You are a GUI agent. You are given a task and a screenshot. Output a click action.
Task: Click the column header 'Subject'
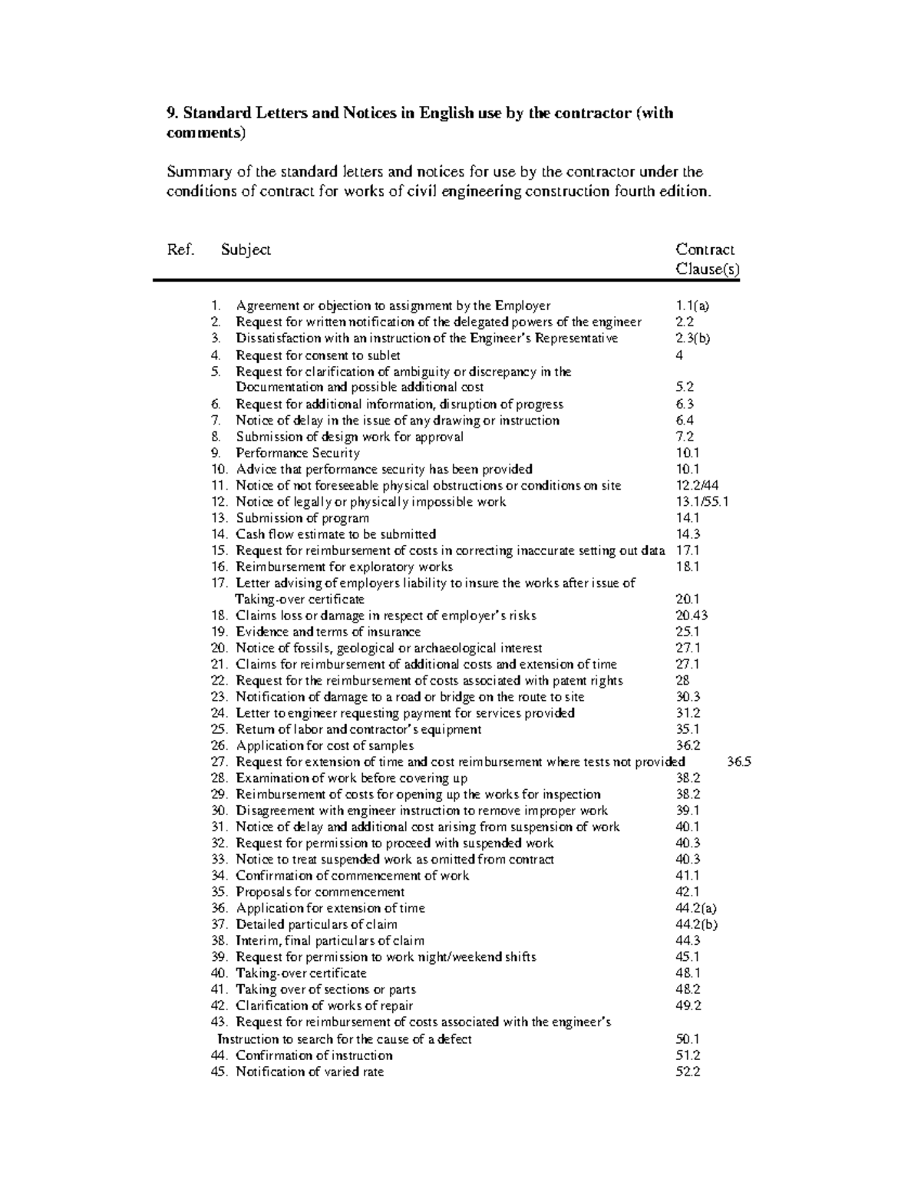tap(246, 250)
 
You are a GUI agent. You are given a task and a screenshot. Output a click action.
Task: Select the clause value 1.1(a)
tap(692, 305)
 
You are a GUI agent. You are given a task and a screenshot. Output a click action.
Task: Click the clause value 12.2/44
tap(696, 486)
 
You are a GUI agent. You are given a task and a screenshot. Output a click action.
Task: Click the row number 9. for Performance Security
tap(216, 453)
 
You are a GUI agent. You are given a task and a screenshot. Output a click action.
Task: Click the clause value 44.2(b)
tap(696, 925)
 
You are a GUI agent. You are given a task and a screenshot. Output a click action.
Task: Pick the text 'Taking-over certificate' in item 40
tap(301, 973)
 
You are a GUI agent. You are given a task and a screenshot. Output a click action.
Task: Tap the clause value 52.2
tap(688, 1071)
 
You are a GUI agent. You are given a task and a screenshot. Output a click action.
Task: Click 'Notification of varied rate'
tap(309, 1071)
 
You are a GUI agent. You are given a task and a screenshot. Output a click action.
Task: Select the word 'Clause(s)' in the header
tap(707, 270)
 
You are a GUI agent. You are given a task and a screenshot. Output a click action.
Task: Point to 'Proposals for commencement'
tap(319, 892)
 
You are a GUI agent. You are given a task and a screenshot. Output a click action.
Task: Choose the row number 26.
tap(219, 746)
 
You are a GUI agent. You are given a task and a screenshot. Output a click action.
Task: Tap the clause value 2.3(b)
tap(692, 338)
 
